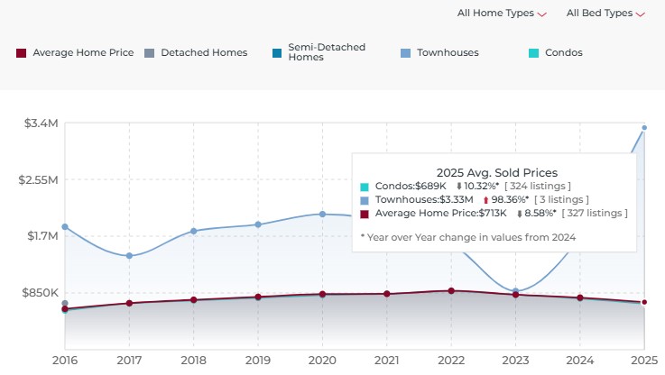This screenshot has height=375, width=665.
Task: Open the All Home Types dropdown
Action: click(x=502, y=14)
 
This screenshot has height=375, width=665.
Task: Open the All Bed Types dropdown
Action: click(x=605, y=14)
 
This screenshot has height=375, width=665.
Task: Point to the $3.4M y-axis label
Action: click(x=42, y=123)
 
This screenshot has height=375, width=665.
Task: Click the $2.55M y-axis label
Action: click(x=38, y=179)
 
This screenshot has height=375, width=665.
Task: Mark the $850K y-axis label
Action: click(x=40, y=293)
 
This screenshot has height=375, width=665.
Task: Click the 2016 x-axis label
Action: click(x=64, y=360)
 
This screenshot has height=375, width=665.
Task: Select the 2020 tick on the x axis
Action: click(x=322, y=360)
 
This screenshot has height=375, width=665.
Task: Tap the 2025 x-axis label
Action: click(x=642, y=360)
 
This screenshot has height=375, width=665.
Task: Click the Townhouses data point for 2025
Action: click(x=644, y=127)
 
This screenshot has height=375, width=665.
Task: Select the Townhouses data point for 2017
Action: click(x=129, y=256)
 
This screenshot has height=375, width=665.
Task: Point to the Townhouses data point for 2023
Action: click(x=516, y=291)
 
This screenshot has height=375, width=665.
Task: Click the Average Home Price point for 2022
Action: click(x=451, y=290)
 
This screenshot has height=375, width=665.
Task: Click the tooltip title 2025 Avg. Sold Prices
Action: click(x=496, y=172)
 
